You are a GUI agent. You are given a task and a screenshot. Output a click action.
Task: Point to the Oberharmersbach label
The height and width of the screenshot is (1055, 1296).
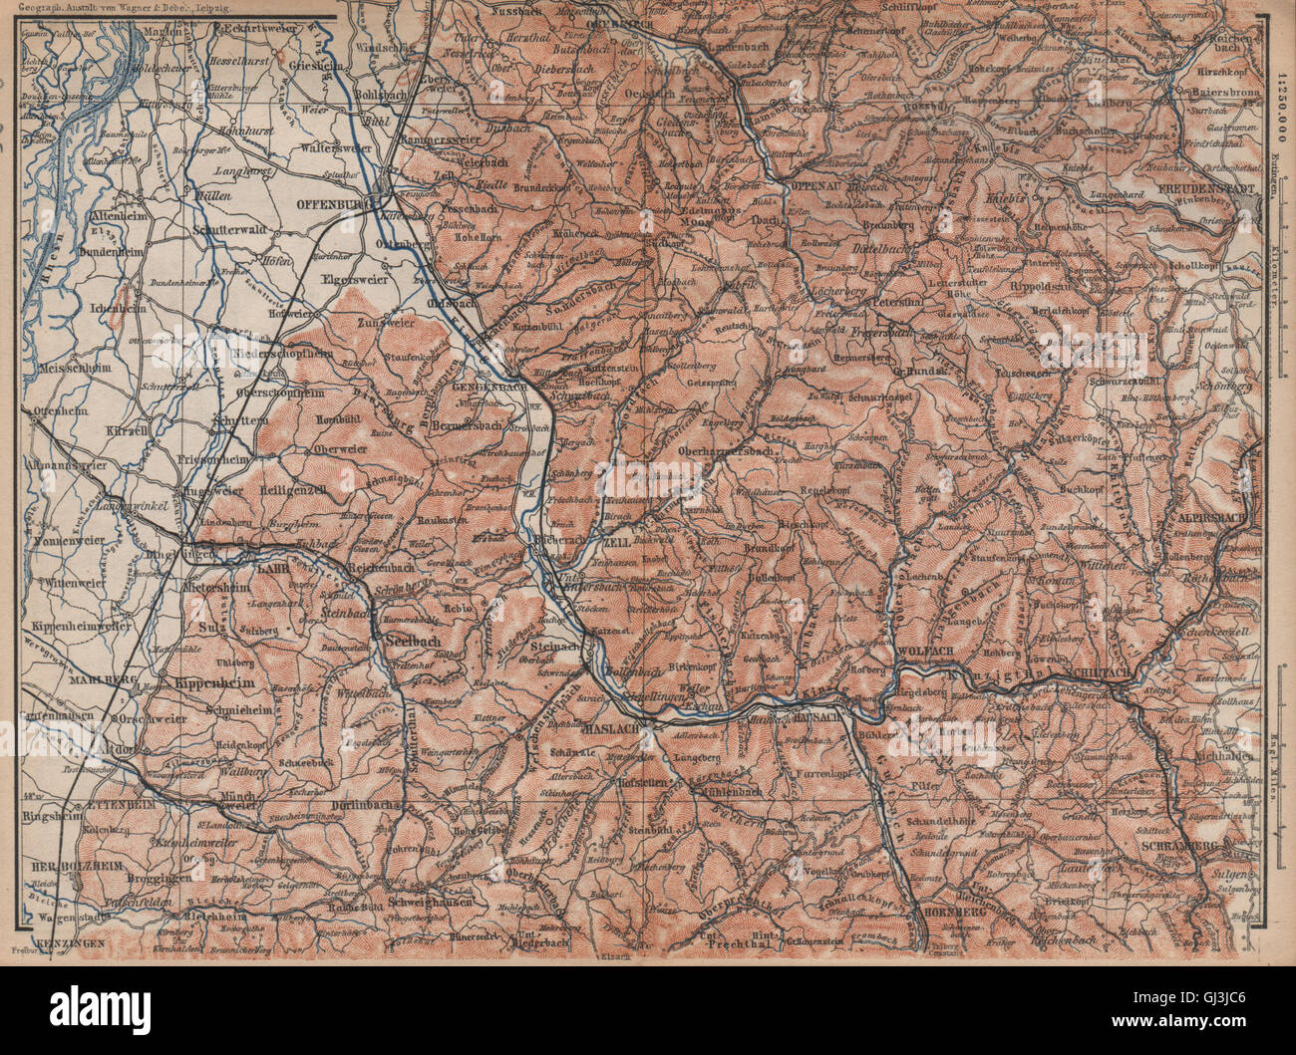[728, 449]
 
